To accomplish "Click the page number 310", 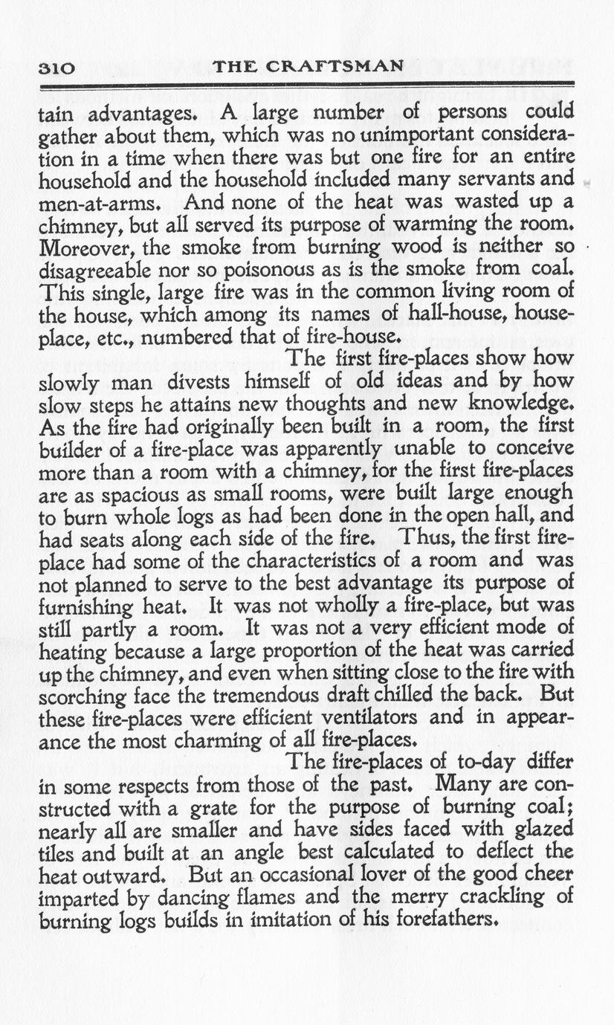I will point(56,68).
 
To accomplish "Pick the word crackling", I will point(484,896).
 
